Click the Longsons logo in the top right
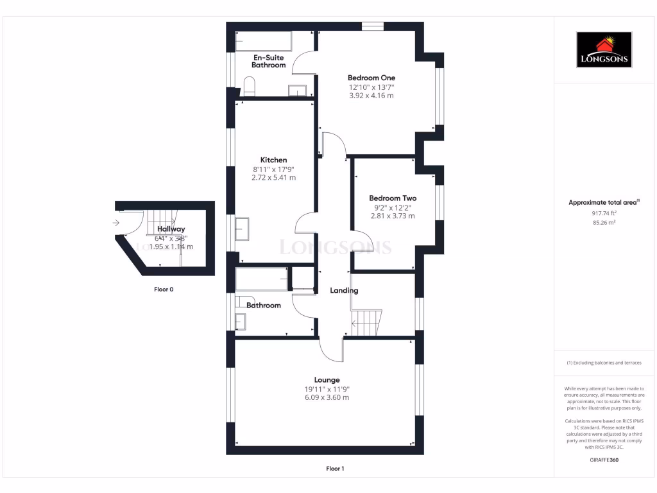point(604,50)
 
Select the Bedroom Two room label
point(392,198)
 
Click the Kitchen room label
point(273,160)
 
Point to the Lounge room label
point(327,379)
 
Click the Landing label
point(344,291)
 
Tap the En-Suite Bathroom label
point(268,61)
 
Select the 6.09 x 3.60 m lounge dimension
point(327,397)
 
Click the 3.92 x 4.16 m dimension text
point(371,96)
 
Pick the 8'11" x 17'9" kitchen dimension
point(273,169)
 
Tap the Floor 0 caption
point(164,290)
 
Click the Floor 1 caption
point(335,469)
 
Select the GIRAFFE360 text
point(604,460)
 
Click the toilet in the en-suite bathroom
point(249,86)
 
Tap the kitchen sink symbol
point(243,229)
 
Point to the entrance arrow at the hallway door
point(115,223)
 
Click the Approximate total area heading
point(604,202)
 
